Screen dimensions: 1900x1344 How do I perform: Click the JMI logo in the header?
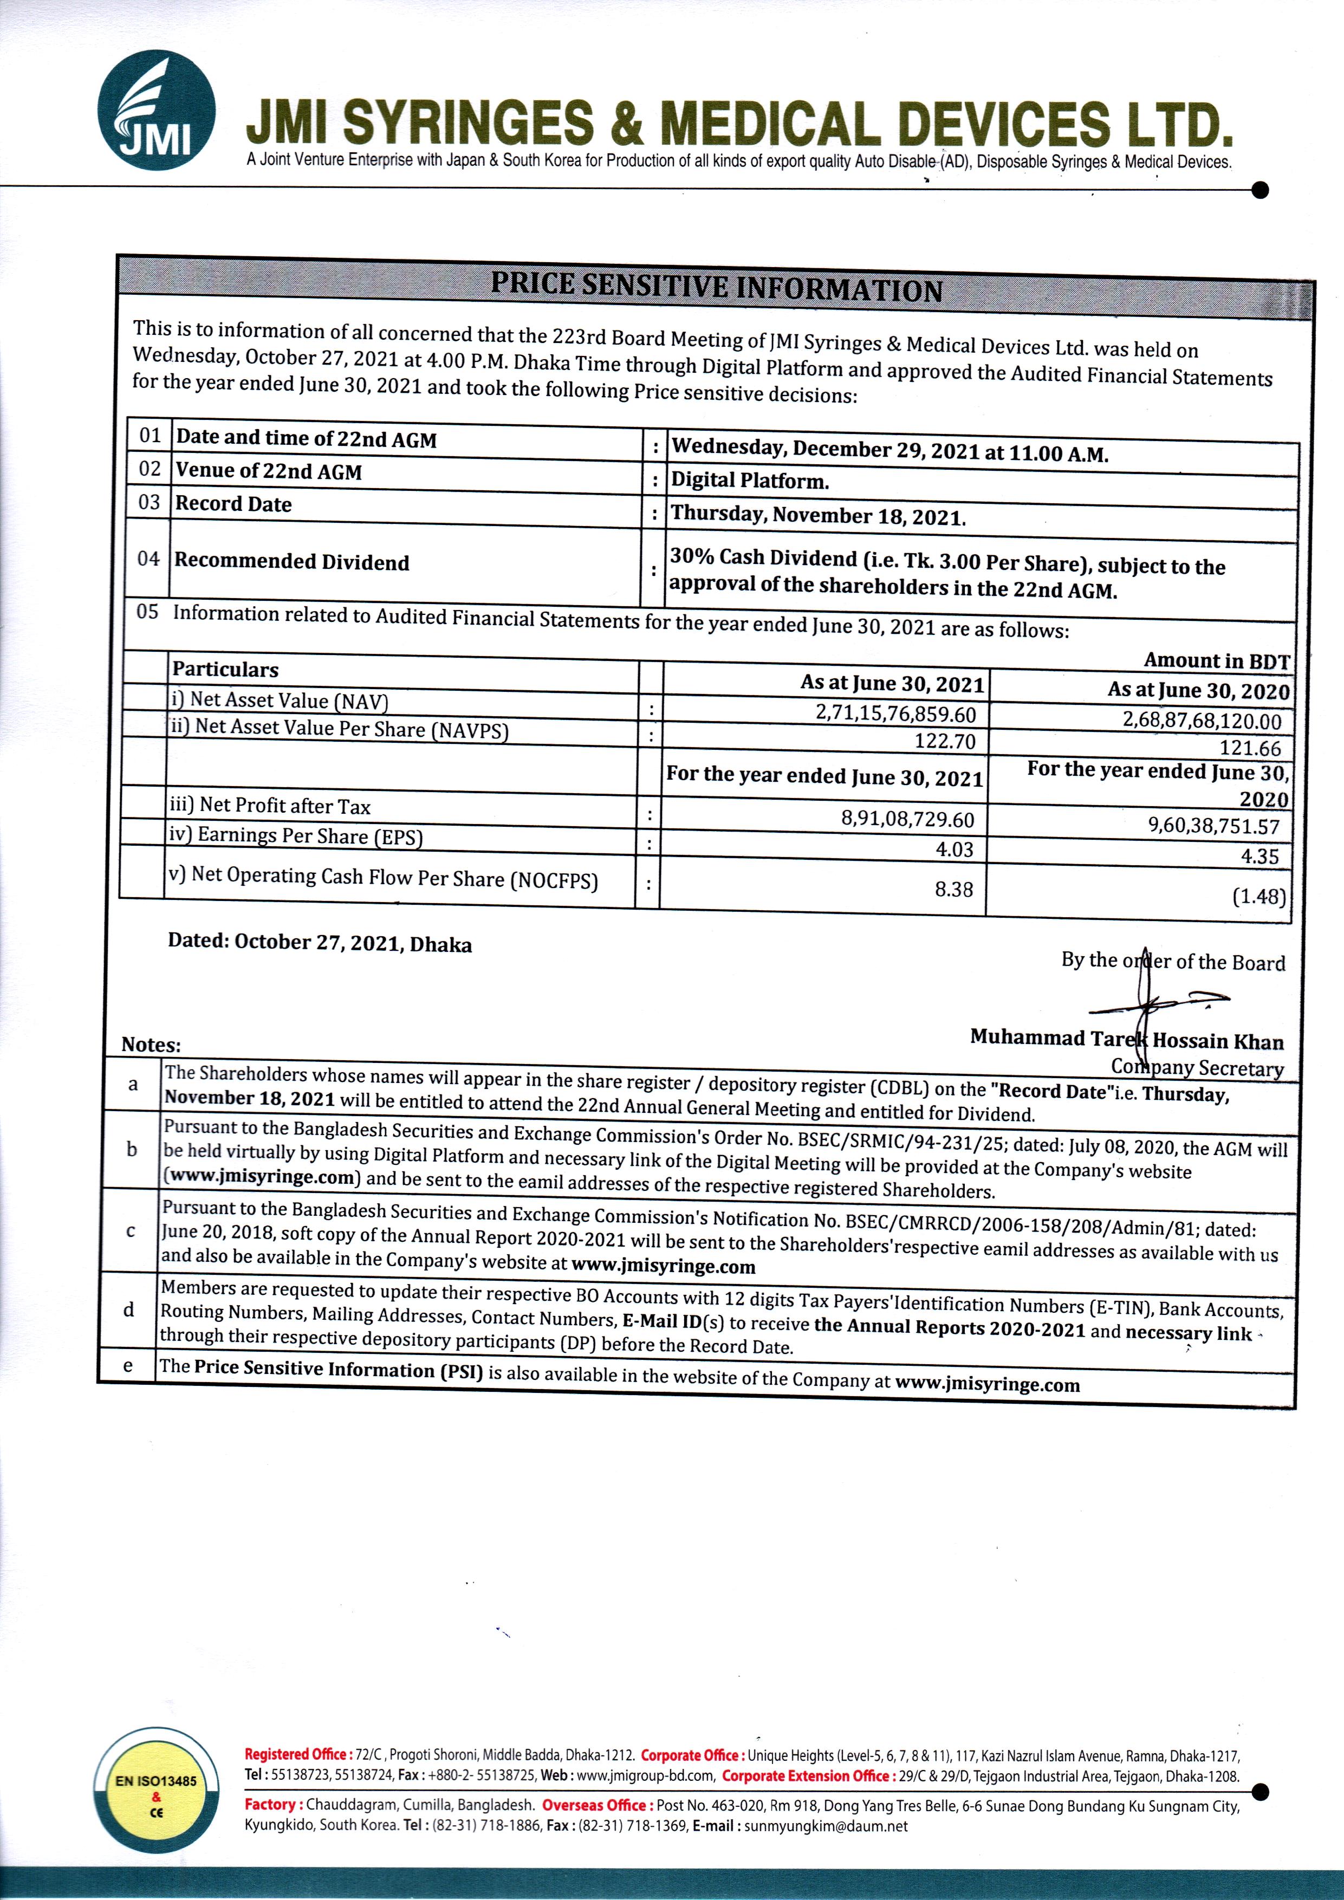tap(157, 110)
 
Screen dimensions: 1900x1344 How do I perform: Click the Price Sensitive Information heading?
tap(717, 286)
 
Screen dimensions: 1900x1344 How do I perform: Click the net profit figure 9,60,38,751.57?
tap(1213, 825)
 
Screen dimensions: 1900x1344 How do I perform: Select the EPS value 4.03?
tap(954, 849)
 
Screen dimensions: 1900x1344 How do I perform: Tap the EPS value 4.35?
tap(1259, 855)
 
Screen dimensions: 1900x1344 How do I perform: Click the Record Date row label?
tap(233, 504)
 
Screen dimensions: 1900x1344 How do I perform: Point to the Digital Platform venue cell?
tap(750, 481)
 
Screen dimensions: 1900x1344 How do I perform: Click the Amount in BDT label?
tap(1216, 660)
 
